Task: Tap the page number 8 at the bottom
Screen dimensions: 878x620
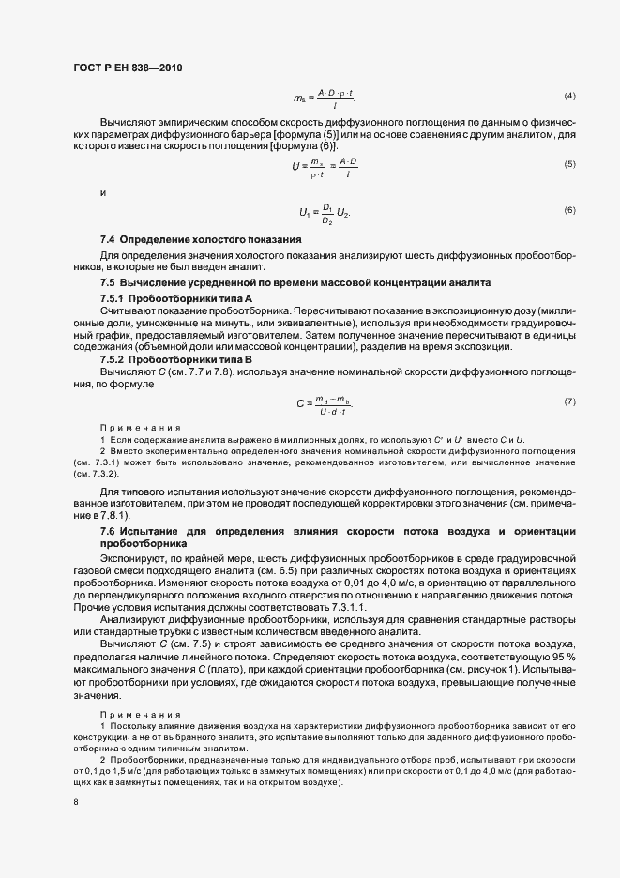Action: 76,803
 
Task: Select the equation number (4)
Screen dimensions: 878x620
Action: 568,97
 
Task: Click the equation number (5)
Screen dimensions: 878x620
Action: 568,165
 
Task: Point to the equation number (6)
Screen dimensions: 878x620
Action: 568,209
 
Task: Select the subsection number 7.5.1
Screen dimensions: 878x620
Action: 113,297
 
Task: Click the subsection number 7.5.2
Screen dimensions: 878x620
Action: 113,359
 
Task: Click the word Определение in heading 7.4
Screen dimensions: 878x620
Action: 155,240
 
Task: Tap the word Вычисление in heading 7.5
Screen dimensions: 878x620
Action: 154,282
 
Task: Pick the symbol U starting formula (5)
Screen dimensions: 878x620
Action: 295,166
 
